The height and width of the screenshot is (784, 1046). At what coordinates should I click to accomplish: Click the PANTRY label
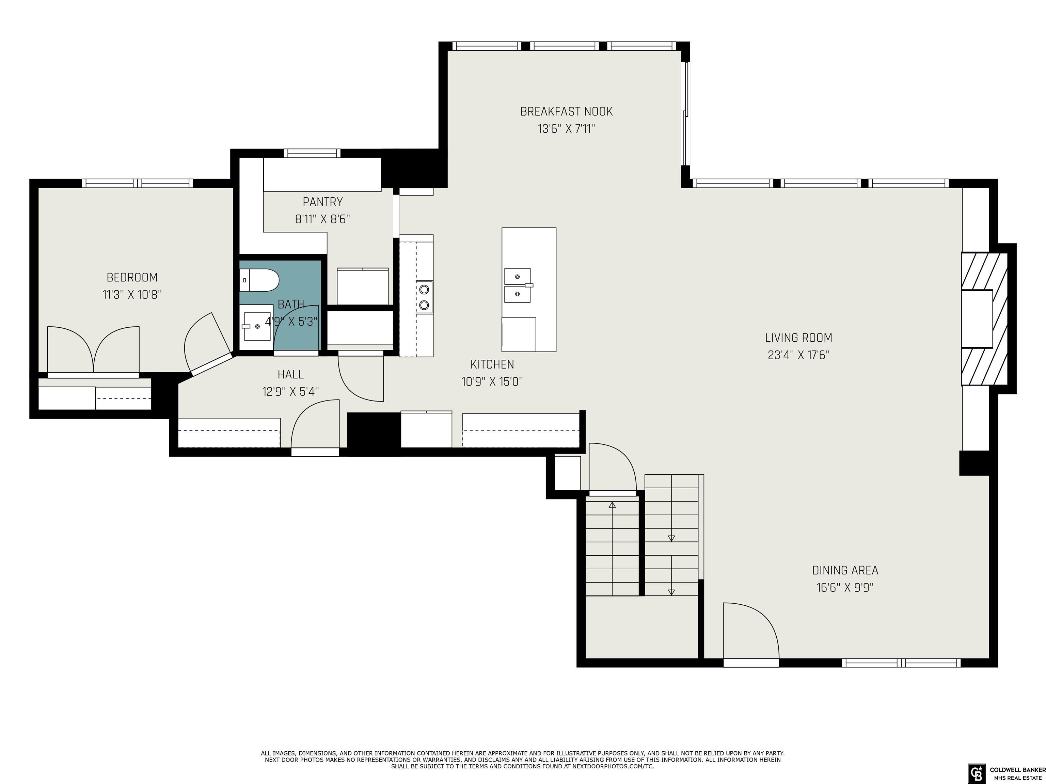322,202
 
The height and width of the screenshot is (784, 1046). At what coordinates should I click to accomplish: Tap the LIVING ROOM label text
798,338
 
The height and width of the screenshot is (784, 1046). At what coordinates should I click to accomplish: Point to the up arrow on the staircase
612,505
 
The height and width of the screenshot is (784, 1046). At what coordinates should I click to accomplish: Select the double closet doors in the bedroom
94,350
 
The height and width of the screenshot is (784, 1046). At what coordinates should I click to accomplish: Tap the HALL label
290,374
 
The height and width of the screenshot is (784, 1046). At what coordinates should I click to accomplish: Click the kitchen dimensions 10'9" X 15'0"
492,382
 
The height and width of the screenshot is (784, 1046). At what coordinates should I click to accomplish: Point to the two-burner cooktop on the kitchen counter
424,296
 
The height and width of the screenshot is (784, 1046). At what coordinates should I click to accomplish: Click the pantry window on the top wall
312,153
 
